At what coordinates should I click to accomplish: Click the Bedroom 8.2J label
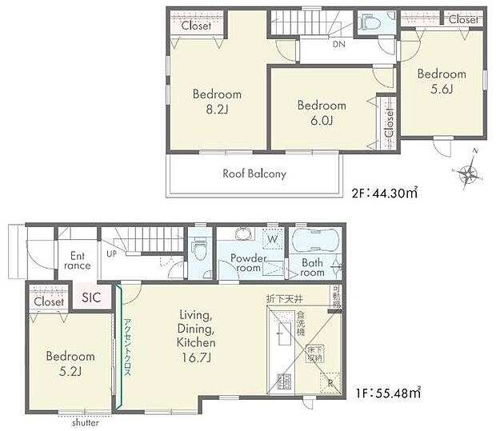click(x=216, y=102)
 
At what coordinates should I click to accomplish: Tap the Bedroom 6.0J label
click(x=322, y=113)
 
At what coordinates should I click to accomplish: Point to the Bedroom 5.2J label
click(x=70, y=364)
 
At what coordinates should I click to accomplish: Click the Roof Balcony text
click(x=254, y=174)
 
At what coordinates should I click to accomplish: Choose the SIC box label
click(x=91, y=297)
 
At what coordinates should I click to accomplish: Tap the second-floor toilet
click(x=370, y=23)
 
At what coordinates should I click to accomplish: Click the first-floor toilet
click(x=200, y=250)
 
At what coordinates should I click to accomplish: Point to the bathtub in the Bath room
click(x=316, y=242)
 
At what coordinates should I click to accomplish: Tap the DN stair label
click(x=339, y=46)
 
